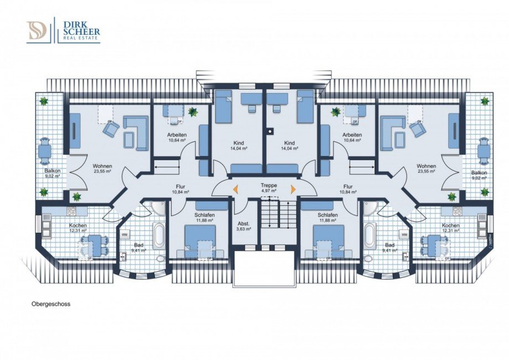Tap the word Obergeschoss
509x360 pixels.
pyautogui.click(x=48, y=304)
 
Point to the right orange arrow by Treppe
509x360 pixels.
pyautogui.click(x=293, y=190)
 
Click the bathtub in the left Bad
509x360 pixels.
pyautogui.click(x=159, y=234)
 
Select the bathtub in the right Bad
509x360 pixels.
pyautogui.click(x=370, y=234)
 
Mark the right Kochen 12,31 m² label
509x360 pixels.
pyautogui.click(x=450, y=228)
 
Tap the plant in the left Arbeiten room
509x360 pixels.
pyautogui.click(x=193, y=112)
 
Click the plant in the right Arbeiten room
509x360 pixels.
pyautogui.click(x=335, y=112)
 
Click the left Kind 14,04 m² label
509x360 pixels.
pyautogui.click(x=238, y=145)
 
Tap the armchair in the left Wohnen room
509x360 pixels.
pyautogui.click(x=111, y=129)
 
